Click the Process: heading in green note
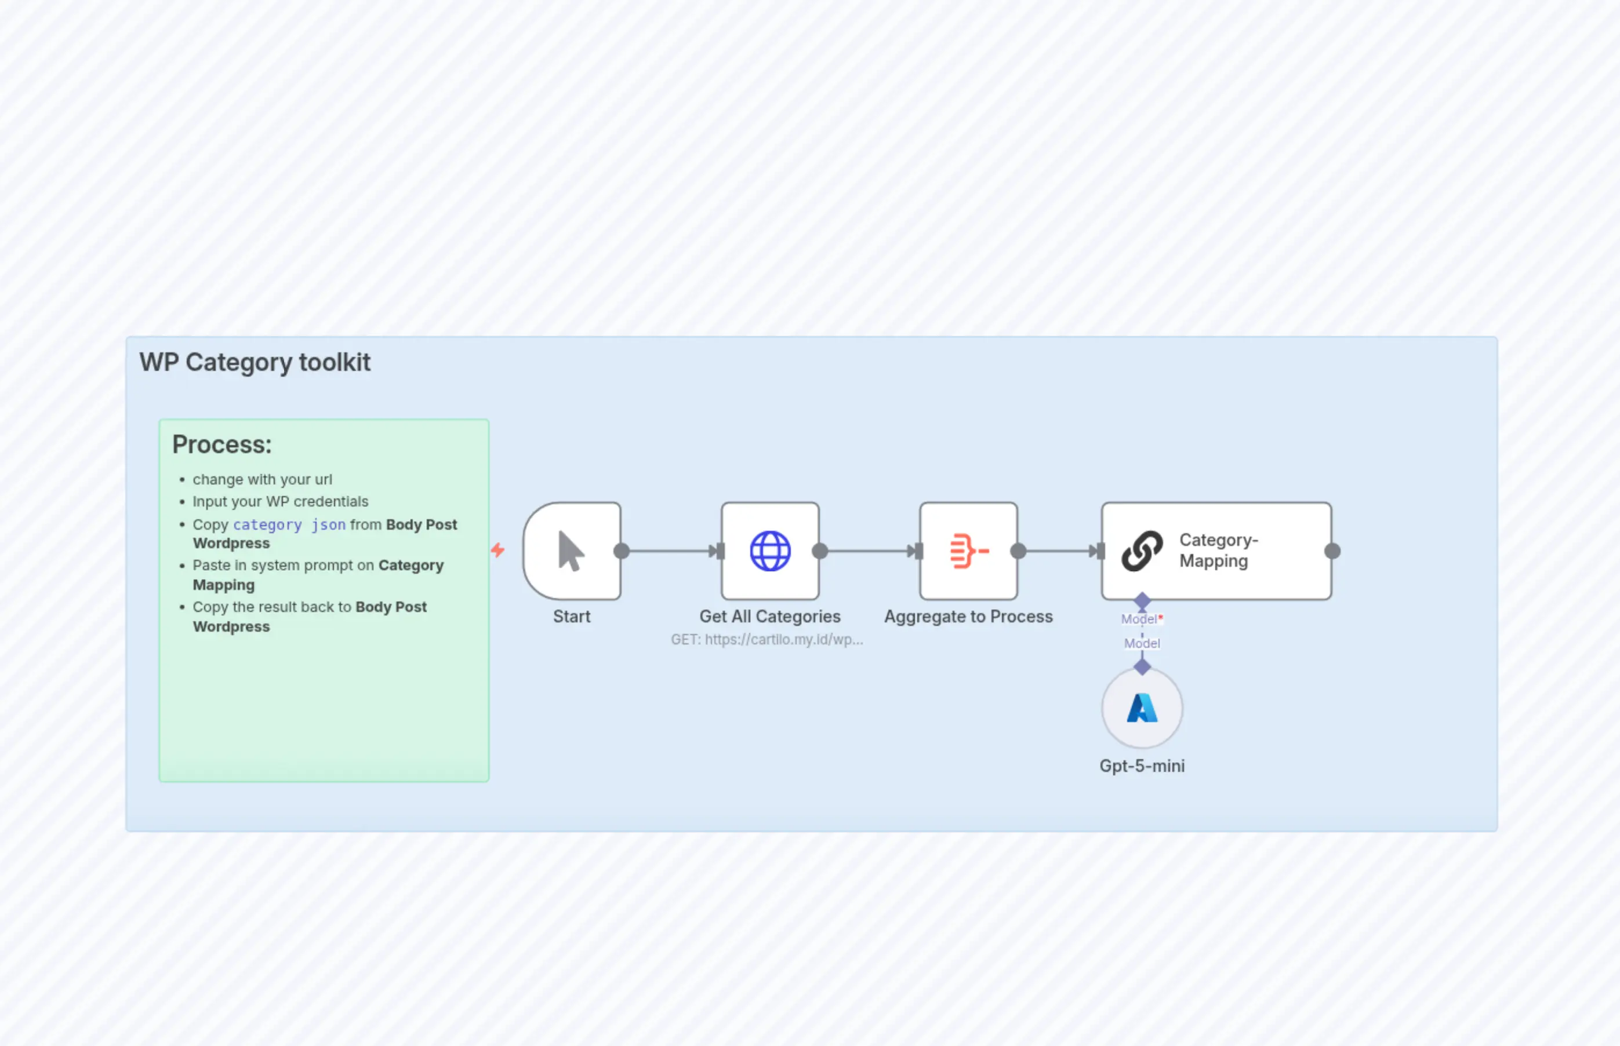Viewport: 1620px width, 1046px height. (x=221, y=444)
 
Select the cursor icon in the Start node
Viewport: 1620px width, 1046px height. (x=571, y=551)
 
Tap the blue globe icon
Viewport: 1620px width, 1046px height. (x=770, y=551)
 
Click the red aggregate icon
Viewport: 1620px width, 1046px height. (x=968, y=551)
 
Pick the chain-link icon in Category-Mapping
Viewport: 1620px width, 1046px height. (x=1142, y=551)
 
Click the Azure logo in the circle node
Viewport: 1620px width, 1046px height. (x=1142, y=708)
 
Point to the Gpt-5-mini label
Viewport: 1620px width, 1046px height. (x=1142, y=766)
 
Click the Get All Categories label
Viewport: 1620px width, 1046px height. (x=770, y=617)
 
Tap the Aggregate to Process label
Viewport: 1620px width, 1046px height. (x=968, y=617)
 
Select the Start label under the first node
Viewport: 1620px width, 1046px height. (x=572, y=617)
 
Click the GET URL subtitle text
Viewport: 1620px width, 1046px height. (x=767, y=640)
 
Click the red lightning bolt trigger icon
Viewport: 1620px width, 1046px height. (x=498, y=550)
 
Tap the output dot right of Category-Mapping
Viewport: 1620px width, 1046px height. (x=1332, y=551)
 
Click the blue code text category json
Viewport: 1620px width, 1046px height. (x=289, y=525)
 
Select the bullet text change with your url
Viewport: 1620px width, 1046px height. (x=262, y=479)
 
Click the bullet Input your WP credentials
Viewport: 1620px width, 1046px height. (x=280, y=502)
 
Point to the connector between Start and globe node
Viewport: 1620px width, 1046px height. (x=669, y=551)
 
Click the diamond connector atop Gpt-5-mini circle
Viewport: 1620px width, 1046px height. (x=1142, y=667)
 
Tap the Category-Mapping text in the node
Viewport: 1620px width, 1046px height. (x=1218, y=551)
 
